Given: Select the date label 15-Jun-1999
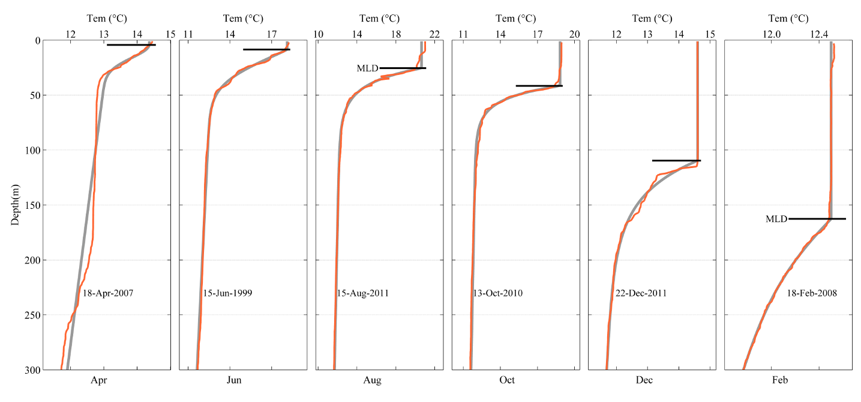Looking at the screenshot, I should click(227, 293).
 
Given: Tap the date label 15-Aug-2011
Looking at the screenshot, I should click(362, 293).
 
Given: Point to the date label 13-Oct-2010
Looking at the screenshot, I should click(497, 293).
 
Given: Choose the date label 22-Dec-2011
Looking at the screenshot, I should click(641, 293).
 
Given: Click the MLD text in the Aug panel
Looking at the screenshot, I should click(367, 68).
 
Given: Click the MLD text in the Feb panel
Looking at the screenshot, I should click(776, 219).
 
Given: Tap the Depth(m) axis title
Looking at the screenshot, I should click(14, 205).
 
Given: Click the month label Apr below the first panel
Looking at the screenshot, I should click(98, 380).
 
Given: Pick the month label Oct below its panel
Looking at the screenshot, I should click(507, 380).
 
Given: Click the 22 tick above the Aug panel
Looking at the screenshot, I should click(434, 34).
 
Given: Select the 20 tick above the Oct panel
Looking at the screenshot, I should click(575, 34).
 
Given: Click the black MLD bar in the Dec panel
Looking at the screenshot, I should click(676, 160).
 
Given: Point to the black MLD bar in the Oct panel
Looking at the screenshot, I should click(539, 86).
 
